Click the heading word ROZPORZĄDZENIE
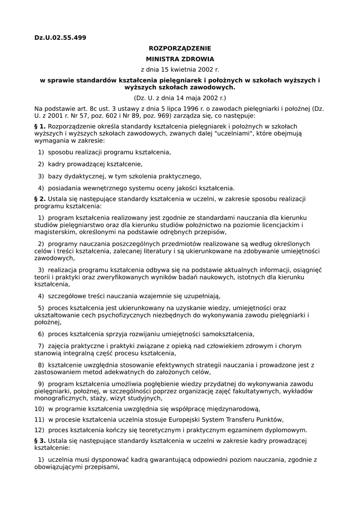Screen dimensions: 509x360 click(x=180, y=48)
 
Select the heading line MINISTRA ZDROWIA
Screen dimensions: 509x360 click(x=180, y=59)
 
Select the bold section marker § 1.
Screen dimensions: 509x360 click(x=40, y=126)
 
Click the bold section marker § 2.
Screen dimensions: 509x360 click(x=40, y=199)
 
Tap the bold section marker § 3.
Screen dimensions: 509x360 click(x=40, y=441)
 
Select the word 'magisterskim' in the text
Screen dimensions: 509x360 click(x=55, y=232)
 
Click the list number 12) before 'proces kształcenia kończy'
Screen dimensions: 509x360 click(x=39, y=430)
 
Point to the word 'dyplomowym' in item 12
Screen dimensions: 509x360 click(x=285, y=430)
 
